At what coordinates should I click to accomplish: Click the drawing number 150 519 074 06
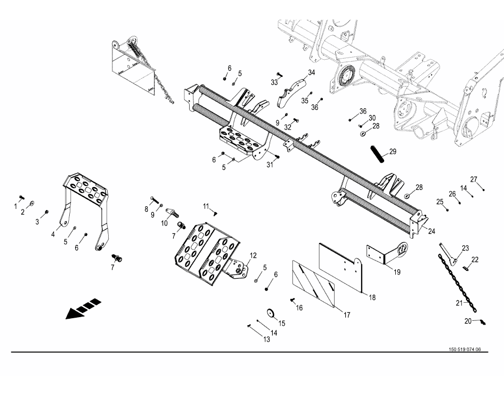[x=465, y=350]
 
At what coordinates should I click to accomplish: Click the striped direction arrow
[x=83, y=309]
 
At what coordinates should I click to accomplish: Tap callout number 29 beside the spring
[x=393, y=151]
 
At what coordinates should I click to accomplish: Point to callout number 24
[x=432, y=231]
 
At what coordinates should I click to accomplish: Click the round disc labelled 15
[x=272, y=312]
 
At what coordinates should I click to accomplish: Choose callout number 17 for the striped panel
[x=347, y=315]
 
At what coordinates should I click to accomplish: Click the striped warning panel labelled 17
[x=313, y=283]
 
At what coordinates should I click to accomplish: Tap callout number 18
[x=372, y=297]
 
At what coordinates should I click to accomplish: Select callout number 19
[x=397, y=272]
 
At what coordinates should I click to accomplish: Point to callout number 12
[x=253, y=255]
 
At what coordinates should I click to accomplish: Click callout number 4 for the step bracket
[x=53, y=235]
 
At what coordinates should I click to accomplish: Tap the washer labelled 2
[x=32, y=204]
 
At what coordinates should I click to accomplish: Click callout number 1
[x=15, y=206]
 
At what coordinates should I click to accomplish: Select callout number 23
[x=466, y=248]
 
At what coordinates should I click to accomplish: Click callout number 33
[x=274, y=82]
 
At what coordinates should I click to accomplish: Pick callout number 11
[x=206, y=206]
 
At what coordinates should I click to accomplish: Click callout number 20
[x=468, y=321]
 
